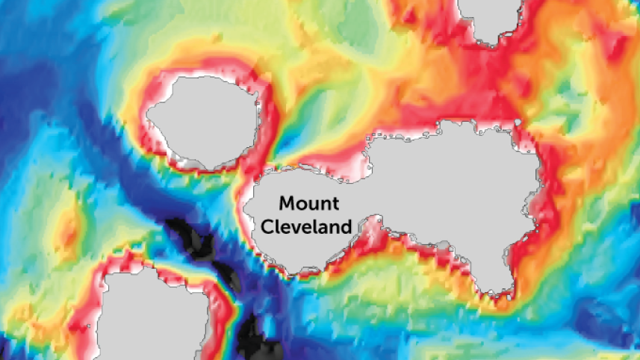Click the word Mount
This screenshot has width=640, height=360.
click(309, 203)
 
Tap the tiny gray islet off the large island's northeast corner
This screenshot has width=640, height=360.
click(517, 122)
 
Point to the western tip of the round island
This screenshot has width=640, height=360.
click(149, 117)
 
